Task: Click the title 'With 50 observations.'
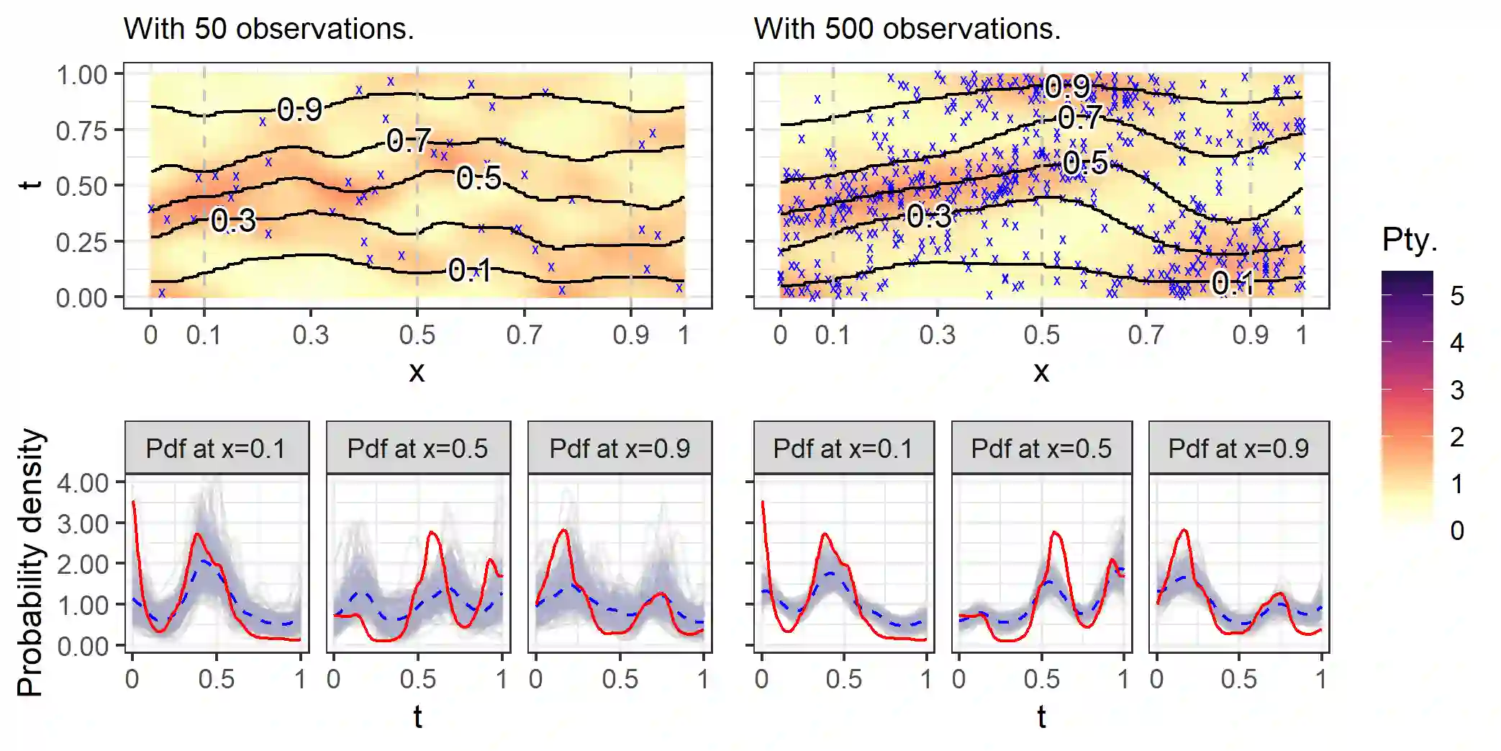[268, 29]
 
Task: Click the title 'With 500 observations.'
[907, 29]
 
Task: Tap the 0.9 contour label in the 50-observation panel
[299, 109]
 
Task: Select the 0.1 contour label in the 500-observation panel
[1232, 283]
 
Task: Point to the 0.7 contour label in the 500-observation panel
[1079, 117]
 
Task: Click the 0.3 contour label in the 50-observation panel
[233, 220]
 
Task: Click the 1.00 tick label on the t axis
[81, 75]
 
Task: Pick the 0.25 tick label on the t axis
[81, 242]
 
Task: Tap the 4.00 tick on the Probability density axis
[83, 482]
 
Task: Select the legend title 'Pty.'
[1409, 239]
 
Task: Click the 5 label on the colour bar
[1456, 296]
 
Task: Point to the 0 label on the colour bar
[1456, 531]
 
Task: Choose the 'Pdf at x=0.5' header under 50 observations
[417, 449]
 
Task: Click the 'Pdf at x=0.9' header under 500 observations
[1238, 449]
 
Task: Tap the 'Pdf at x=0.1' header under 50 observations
[216, 449]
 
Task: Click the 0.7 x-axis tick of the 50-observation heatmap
[524, 335]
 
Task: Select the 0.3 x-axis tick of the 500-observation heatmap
[937, 335]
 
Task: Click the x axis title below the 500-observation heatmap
[1040, 372]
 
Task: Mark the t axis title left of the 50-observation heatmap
[30, 185]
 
